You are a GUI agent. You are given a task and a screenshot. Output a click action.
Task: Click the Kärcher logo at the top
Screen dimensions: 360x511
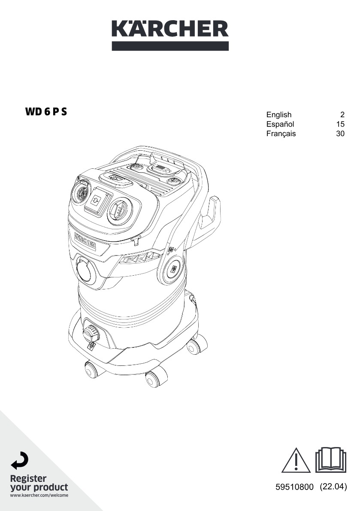coord(170,35)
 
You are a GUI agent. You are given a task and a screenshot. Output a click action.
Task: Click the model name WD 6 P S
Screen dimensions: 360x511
coord(46,112)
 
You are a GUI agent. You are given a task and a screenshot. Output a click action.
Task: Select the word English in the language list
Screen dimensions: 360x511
coord(278,115)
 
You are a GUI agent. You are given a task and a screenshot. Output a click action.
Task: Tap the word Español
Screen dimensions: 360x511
coord(280,124)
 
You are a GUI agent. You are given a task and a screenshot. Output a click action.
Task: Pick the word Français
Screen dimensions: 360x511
coord(281,134)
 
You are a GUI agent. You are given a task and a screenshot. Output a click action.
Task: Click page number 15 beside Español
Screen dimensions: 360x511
coord(340,124)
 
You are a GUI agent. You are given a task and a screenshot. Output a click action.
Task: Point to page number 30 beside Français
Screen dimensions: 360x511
coord(340,134)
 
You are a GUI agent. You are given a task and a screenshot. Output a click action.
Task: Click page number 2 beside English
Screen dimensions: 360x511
coord(342,115)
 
